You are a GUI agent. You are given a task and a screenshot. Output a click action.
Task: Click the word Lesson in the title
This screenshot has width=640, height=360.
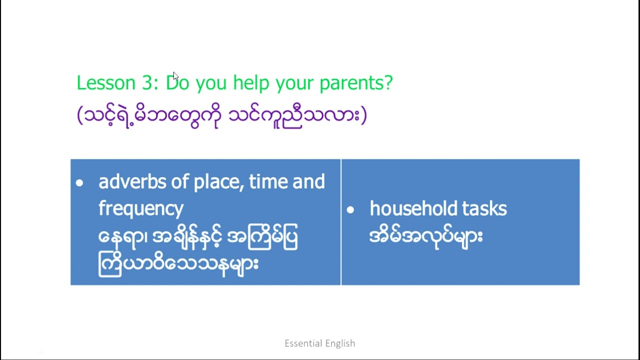tap(106, 83)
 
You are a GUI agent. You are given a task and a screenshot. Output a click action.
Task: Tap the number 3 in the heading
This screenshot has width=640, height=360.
tap(147, 83)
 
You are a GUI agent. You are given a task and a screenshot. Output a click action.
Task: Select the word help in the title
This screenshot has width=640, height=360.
tap(251, 83)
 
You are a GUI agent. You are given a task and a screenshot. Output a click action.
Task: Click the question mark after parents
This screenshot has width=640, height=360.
tap(388, 82)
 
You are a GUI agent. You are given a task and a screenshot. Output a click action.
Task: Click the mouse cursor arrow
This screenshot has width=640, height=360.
tap(175, 76)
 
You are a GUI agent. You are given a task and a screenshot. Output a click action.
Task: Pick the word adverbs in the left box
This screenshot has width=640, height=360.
tap(132, 181)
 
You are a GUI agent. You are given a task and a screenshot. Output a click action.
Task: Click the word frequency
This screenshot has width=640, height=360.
tap(141, 209)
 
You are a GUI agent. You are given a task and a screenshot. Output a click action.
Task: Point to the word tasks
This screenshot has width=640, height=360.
tap(484, 208)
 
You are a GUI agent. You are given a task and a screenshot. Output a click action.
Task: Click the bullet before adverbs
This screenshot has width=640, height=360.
tap(79, 183)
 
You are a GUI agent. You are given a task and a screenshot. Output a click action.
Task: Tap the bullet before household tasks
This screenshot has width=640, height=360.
tap(350, 210)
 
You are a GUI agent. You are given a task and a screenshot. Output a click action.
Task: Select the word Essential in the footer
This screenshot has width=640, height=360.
tap(303, 343)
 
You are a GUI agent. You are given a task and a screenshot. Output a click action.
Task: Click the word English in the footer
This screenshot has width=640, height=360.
tap(340, 343)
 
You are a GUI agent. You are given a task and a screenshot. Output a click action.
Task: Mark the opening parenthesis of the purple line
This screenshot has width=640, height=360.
tap(80, 115)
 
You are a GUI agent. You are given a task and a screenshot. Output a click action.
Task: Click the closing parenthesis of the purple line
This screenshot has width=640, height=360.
tap(363, 115)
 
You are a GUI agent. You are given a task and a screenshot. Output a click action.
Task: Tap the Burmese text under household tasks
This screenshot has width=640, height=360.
tap(426, 237)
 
